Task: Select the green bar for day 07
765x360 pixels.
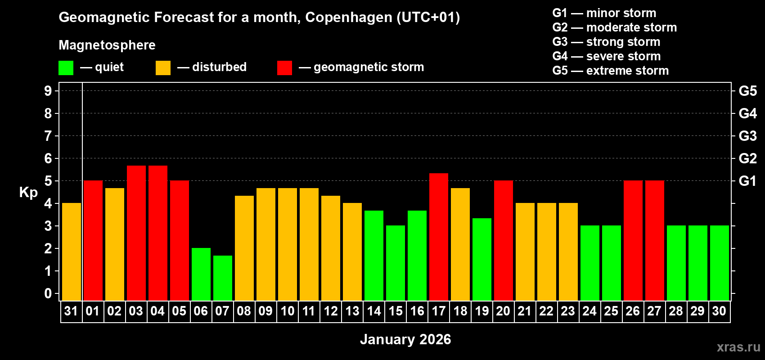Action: point(223,278)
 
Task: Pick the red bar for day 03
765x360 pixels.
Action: point(136,233)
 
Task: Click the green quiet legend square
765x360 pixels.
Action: point(66,68)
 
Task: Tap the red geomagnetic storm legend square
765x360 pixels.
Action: point(284,68)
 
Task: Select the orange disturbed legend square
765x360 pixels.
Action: point(163,68)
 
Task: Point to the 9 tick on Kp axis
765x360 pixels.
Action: point(48,91)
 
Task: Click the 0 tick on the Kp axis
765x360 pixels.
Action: point(48,293)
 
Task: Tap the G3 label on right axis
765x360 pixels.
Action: point(747,136)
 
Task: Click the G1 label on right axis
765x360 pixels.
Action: point(747,181)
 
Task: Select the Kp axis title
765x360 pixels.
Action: point(28,192)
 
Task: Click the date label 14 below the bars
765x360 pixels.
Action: point(374,311)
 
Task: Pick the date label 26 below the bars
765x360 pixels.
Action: point(633,311)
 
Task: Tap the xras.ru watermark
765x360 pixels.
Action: point(738,346)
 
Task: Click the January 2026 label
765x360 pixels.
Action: point(405,339)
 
